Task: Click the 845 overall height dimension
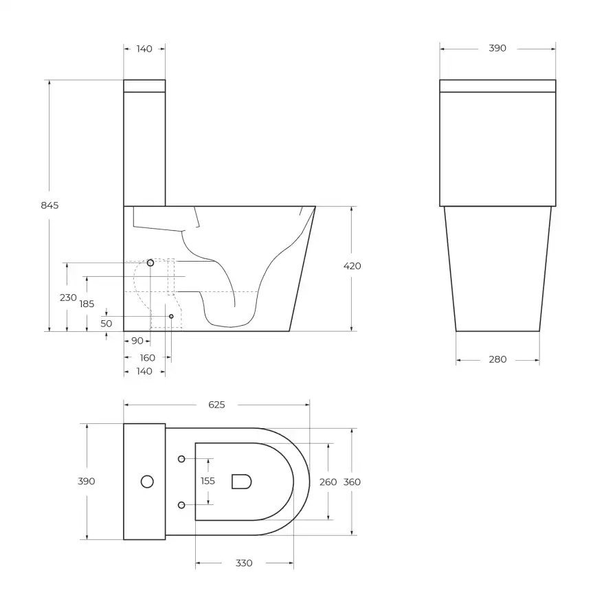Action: [50, 205]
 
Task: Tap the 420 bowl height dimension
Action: [352, 266]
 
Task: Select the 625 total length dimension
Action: [216, 405]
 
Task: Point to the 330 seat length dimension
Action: [244, 563]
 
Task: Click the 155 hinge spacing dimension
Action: [208, 481]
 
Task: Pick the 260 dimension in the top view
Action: [328, 482]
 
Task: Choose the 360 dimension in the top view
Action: [352, 482]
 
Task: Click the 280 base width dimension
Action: [497, 359]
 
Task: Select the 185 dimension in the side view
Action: [87, 304]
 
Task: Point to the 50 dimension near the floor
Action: [106, 323]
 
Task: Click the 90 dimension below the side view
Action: [137, 341]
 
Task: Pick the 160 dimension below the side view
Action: [148, 357]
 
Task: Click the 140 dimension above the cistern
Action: [144, 48]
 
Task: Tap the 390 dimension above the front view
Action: [497, 48]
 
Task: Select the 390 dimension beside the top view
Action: [87, 481]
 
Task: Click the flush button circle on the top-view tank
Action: [147, 482]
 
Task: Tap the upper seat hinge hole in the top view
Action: [181, 458]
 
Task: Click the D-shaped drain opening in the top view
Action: [241, 481]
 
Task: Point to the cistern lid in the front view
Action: [497, 86]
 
